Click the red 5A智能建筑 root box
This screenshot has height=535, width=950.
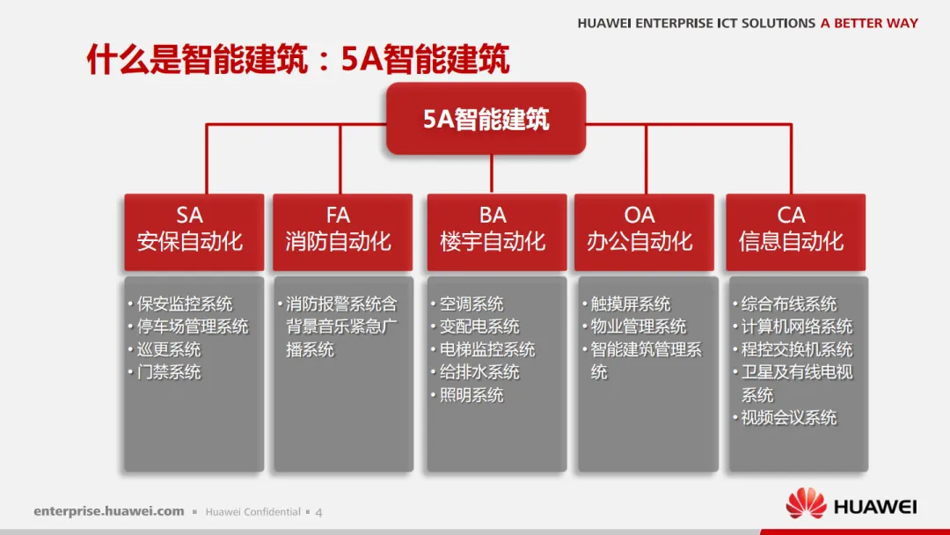pos(486,119)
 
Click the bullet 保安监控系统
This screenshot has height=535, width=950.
pos(184,304)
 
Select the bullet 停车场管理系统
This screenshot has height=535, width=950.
pos(192,327)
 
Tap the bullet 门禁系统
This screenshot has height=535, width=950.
pos(168,373)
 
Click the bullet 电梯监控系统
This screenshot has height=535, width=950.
pos(486,350)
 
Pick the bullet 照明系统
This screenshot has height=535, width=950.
pos(471,396)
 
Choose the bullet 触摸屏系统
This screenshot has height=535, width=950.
pos(630,304)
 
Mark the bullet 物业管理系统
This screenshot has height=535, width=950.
pos(638,327)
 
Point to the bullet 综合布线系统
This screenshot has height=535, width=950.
pos(788,304)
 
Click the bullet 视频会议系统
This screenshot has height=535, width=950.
pos(788,419)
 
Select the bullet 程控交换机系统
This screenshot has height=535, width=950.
pos(796,350)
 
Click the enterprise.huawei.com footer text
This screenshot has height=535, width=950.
pos(109,511)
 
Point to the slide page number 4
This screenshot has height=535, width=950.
pos(318,512)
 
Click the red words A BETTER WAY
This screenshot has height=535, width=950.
pos(869,24)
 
